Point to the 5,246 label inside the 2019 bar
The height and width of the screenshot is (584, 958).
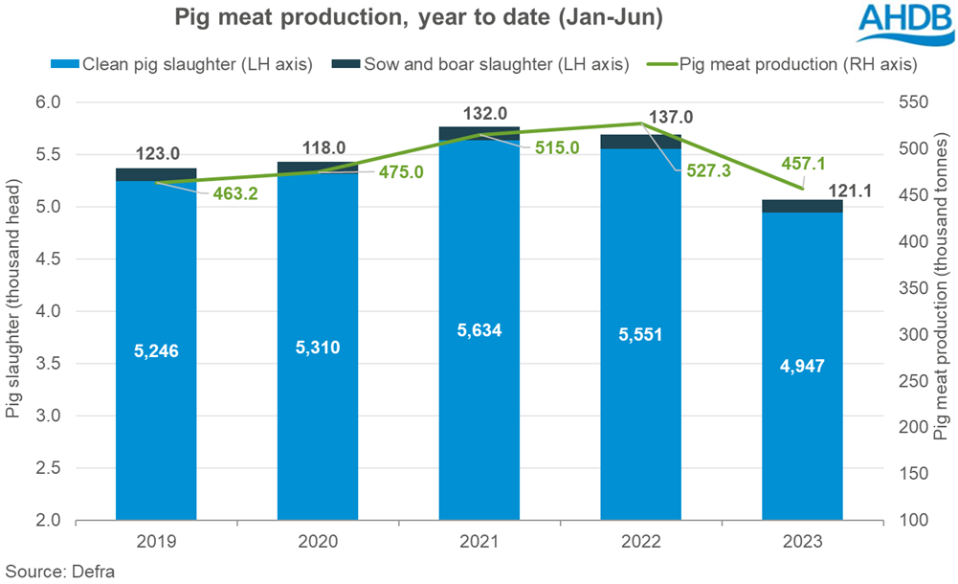[156, 351]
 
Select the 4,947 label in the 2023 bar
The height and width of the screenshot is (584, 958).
[802, 365]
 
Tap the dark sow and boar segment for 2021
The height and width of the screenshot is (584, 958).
[479, 133]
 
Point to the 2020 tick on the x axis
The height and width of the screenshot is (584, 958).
[318, 540]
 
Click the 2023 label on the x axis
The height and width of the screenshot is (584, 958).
[802, 540]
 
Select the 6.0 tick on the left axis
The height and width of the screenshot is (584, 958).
[48, 102]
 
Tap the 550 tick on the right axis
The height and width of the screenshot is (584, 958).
[910, 102]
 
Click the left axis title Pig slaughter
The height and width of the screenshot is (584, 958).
[13, 311]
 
